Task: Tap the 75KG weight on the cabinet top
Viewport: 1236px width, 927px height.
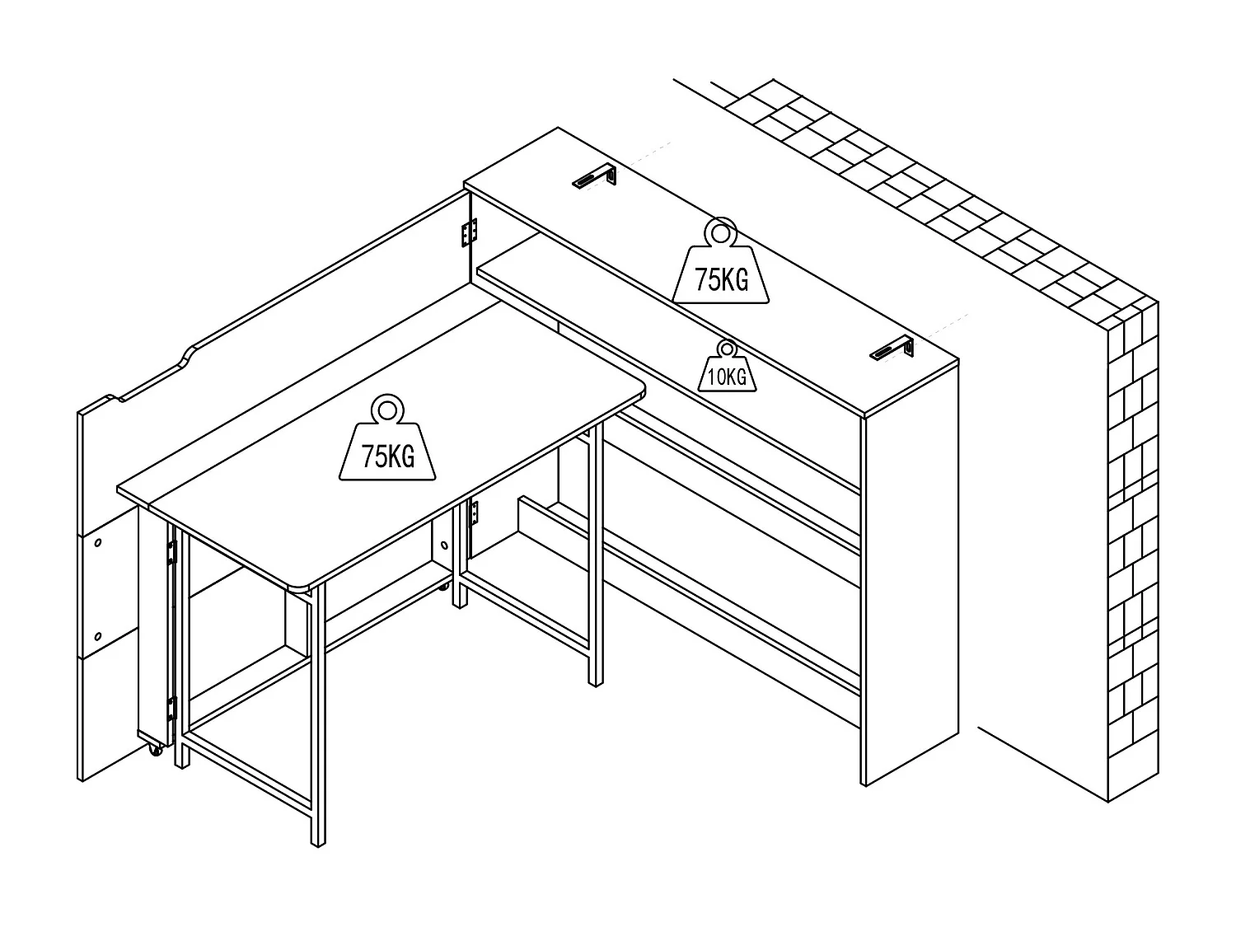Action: (x=721, y=272)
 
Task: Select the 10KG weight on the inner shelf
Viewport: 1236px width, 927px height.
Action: (x=725, y=371)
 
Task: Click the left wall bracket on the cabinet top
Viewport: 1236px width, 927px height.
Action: (x=595, y=177)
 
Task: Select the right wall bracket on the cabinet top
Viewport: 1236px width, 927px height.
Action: (x=892, y=349)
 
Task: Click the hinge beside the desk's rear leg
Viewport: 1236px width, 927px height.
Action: (x=473, y=515)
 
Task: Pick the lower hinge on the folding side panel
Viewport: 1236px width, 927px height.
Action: (x=171, y=707)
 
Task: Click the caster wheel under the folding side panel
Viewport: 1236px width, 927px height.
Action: (x=154, y=751)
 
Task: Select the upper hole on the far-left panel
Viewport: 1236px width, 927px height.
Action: (x=98, y=543)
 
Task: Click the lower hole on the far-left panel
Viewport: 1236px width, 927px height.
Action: (x=98, y=635)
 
